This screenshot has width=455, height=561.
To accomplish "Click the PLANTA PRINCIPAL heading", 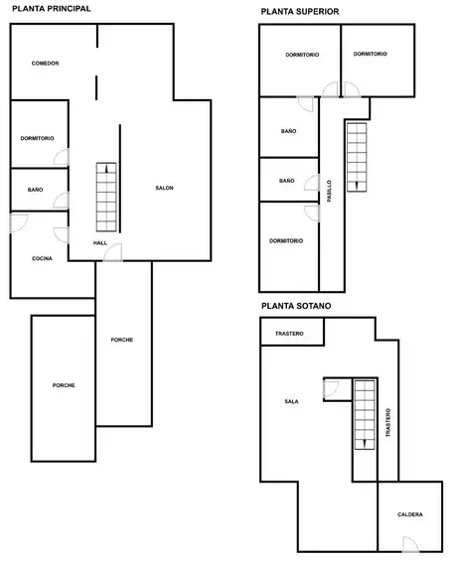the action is pos(52,9).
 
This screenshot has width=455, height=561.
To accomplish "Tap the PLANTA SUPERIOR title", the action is pos(300,12).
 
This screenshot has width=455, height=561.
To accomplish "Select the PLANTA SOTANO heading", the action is pos(296,306).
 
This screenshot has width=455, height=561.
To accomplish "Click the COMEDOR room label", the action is pos(45,64).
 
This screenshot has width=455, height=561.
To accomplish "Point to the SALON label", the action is pos(164,188).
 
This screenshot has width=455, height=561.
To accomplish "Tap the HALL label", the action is pos(100,243).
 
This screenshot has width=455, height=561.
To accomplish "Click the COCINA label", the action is pos(43,258).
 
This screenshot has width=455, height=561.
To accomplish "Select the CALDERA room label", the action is pos(410,514).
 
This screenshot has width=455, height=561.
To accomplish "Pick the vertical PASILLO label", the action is pos(330,191).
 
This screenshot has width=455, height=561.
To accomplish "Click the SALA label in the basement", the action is pos(291,401).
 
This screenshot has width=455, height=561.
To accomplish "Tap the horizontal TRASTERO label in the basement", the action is pos(289,334).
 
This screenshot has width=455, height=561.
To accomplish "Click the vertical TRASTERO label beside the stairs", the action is pos(388,423).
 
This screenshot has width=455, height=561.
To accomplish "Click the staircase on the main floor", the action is pos(106,198).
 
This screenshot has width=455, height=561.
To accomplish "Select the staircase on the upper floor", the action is pos(357,158).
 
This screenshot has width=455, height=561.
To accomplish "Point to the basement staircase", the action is pos(365,415).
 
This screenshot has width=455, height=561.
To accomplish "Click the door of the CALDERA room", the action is pos(410,544).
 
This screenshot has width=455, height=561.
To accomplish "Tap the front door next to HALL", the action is pos(113,252).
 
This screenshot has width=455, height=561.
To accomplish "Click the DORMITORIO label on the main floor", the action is pos(37,138).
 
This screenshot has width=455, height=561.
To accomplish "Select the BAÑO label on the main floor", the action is pos(36,190).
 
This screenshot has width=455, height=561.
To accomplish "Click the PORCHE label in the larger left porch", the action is pos(64,385).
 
